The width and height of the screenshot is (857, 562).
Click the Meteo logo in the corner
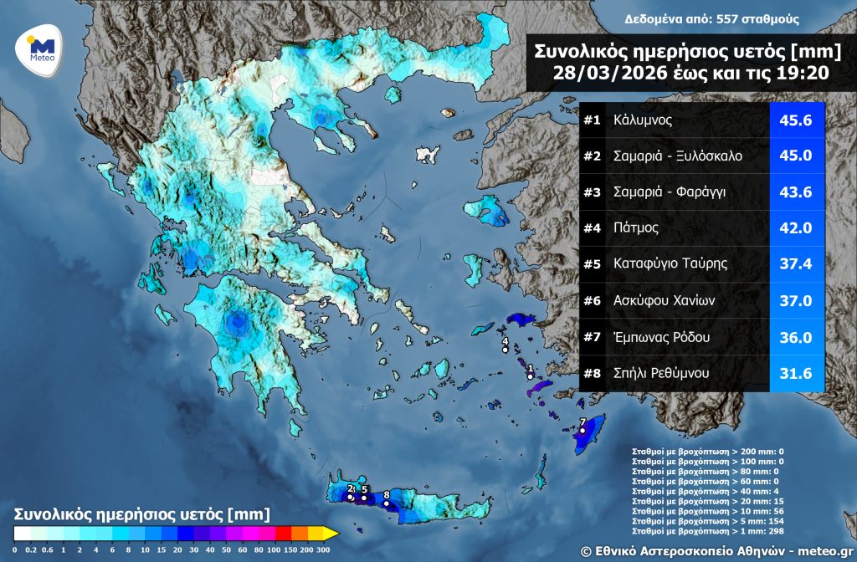(x=41, y=49)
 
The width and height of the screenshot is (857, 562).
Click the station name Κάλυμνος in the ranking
(x=643, y=120)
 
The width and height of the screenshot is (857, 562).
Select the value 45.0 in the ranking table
(x=796, y=156)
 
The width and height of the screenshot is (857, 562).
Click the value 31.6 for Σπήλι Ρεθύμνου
(x=796, y=374)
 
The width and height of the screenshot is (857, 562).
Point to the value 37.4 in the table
(x=796, y=264)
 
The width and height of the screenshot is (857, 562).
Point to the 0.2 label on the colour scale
(x=32, y=549)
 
